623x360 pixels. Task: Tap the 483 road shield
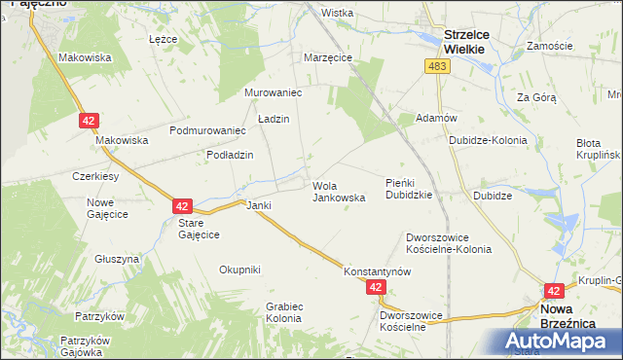[436, 65]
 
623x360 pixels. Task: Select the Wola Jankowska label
[338, 191]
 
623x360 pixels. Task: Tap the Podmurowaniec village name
[206, 130]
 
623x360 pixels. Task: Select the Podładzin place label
[230, 155]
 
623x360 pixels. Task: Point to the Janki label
[258, 205]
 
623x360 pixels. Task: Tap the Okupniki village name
[239, 270]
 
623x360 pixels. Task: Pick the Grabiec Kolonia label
[284, 311]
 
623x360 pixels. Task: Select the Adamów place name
[436, 118]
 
